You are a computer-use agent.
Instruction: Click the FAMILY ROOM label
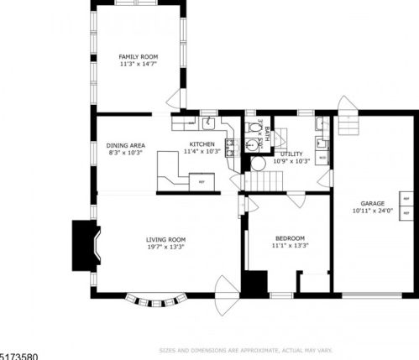[x=139, y=56]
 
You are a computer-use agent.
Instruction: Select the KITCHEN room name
[x=202, y=145]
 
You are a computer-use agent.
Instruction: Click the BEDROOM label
[x=290, y=238]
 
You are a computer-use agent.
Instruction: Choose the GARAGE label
[x=373, y=204]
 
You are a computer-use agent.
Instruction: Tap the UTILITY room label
[x=291, y=154]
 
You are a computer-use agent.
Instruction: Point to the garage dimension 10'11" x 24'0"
[x=373, y=211]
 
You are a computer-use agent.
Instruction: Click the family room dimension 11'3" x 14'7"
[x=139, y=64]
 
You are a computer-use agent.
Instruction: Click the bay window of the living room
[x=153, y=298]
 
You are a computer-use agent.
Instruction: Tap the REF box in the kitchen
[x=201, y=180]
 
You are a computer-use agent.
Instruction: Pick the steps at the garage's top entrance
[x=348, y=107]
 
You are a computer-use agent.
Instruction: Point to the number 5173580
[x=19, y=356]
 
